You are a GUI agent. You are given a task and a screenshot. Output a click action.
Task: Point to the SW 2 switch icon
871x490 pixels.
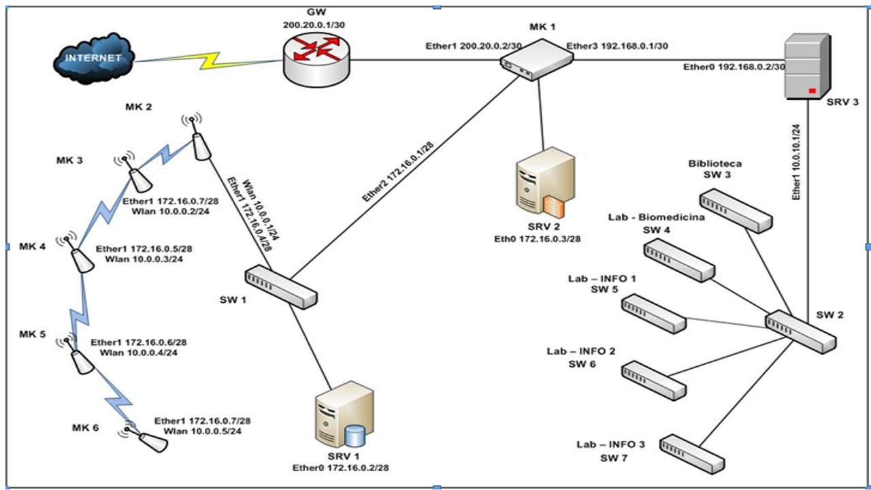(800, 331)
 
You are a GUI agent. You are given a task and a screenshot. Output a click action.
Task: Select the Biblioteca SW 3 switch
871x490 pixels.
(736, 212)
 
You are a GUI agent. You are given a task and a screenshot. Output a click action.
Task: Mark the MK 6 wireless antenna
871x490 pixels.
(150, 440)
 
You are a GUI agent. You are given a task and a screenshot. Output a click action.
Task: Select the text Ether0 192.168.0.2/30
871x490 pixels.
(734, 67)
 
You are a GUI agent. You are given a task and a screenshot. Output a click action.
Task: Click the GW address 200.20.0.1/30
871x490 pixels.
(316, 24)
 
